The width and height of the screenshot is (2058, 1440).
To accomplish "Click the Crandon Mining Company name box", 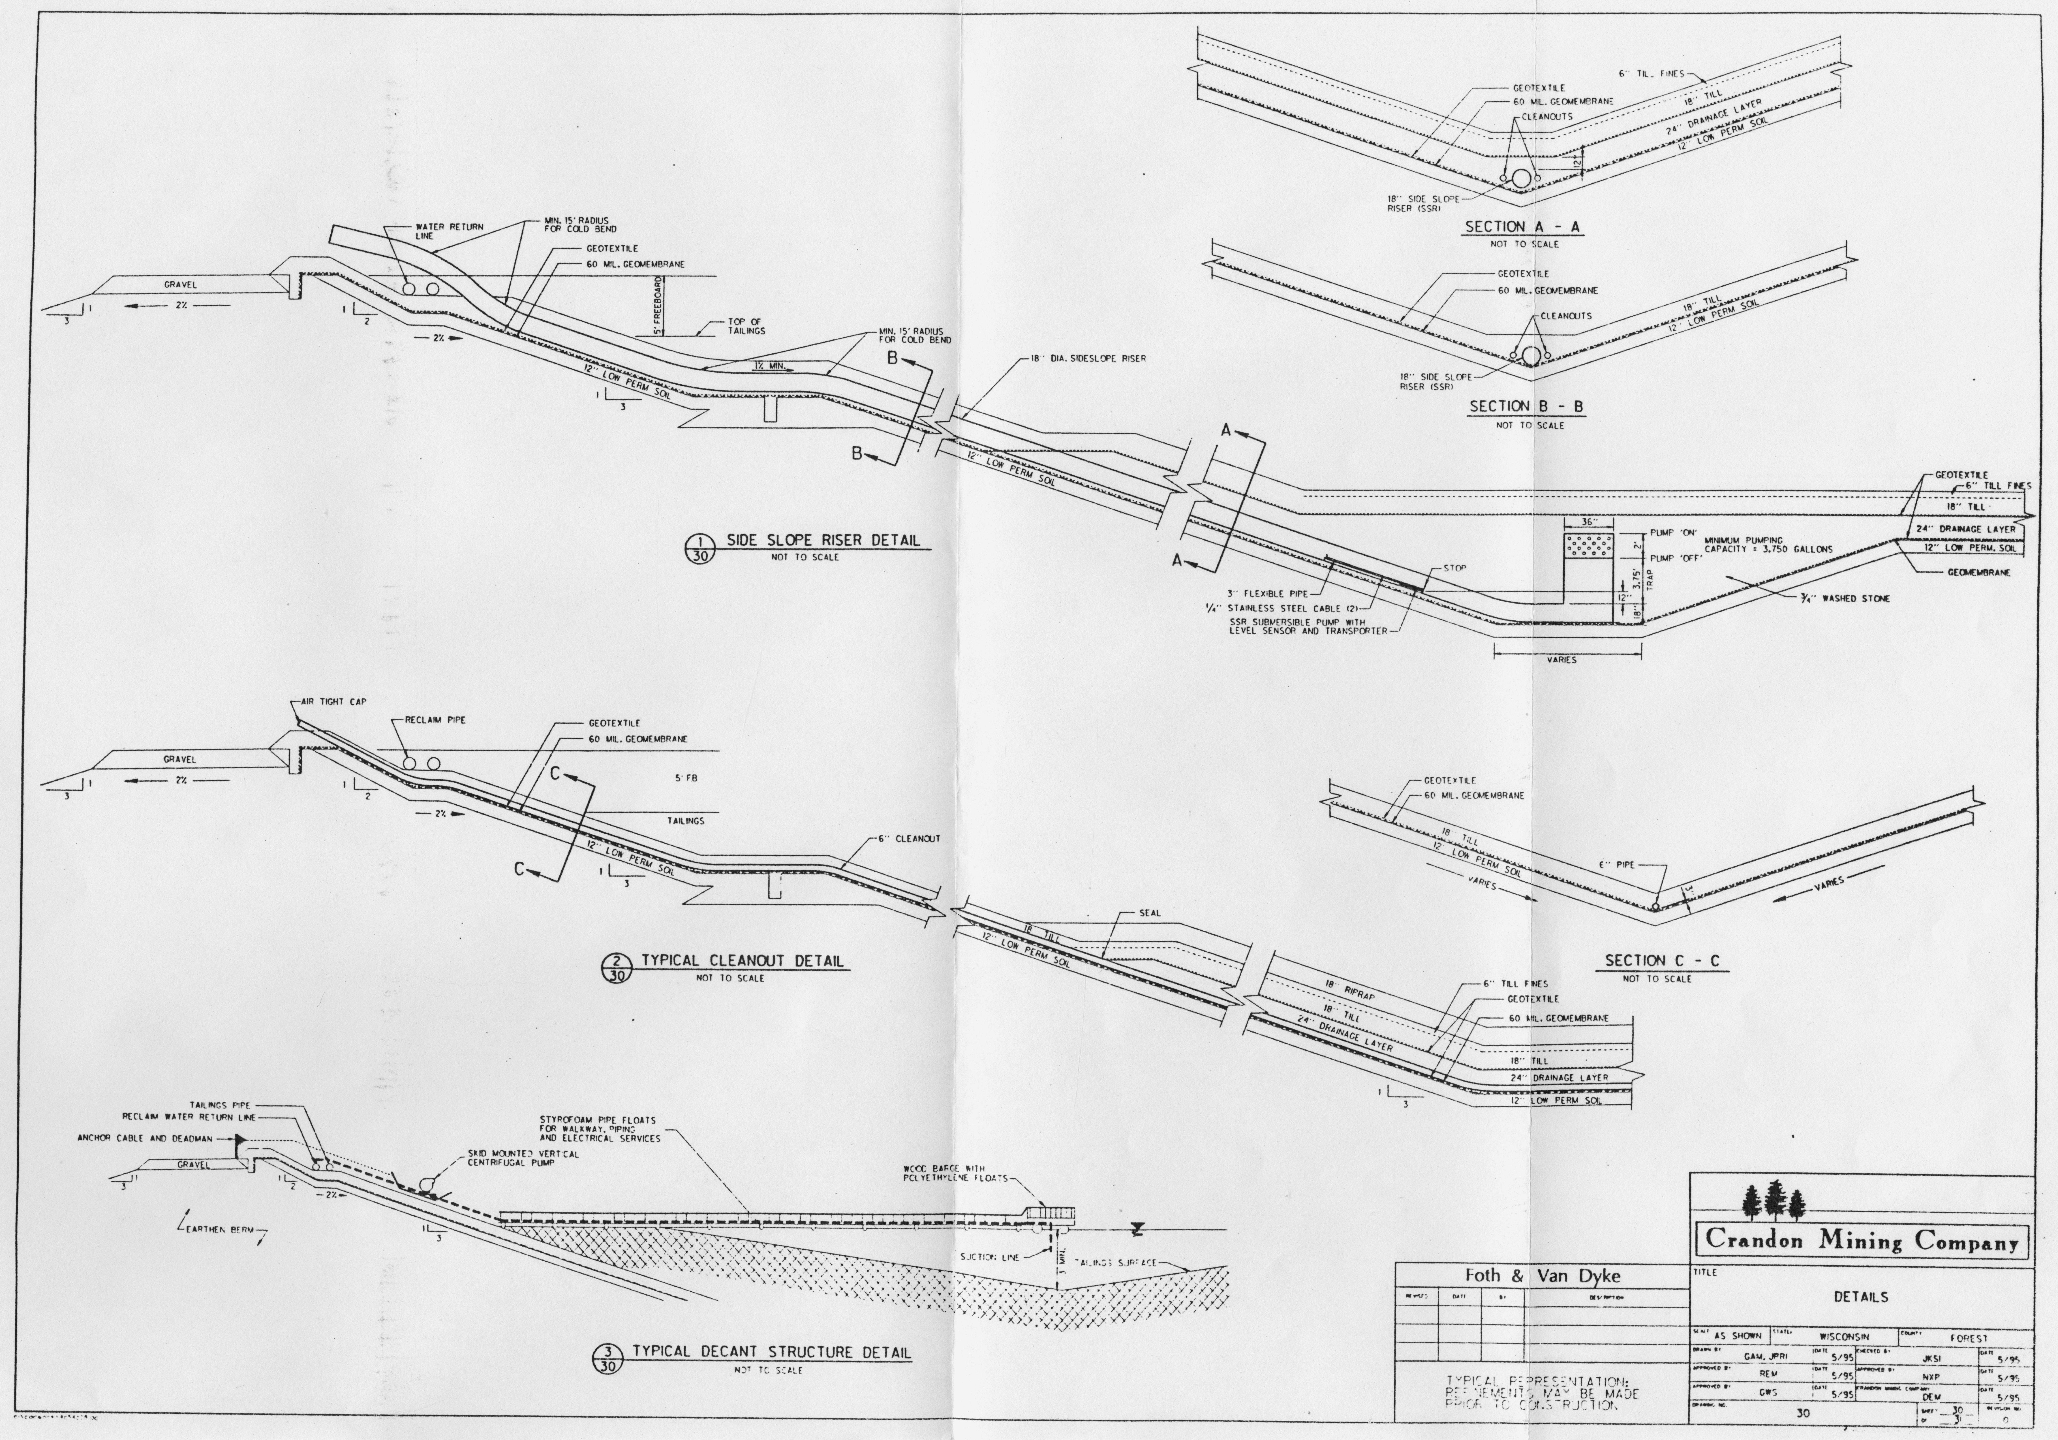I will click(1861, 1240).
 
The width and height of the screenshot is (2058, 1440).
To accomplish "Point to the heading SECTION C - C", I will click(1662, 961).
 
